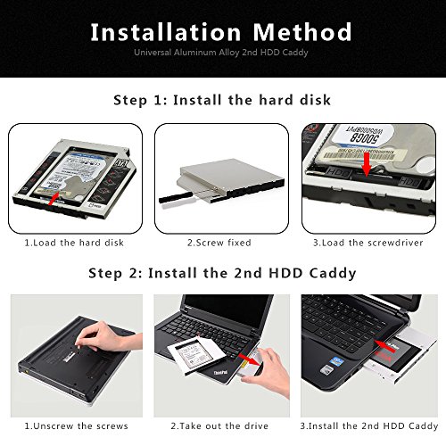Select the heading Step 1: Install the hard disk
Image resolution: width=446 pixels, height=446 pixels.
click(x=222, y=101)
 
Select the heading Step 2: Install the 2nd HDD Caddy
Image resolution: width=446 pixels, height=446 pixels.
click(x=222, y=273)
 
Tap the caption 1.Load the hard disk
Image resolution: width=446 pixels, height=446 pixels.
click(x=73, y=242)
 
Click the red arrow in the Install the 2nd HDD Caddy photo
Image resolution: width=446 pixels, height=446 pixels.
click(x=385, y=344)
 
